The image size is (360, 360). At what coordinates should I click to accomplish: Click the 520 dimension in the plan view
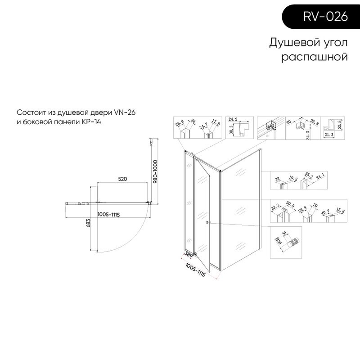123,179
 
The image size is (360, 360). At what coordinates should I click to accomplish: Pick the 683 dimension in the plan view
89,224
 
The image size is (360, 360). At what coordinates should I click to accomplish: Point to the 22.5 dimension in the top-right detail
341,123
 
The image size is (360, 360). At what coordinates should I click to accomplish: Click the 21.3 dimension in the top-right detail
329,134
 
